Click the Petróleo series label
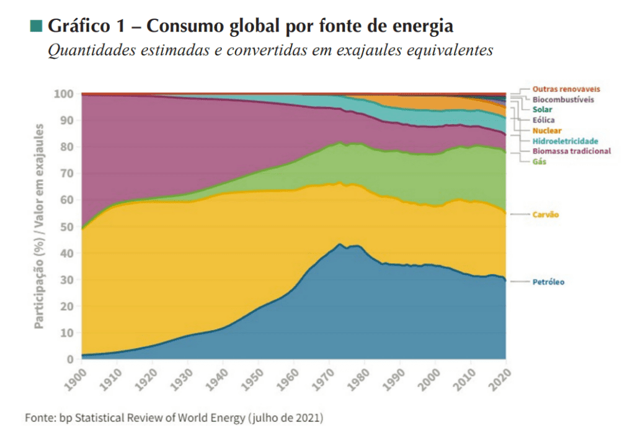click(548, 282)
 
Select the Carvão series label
click(546, 215)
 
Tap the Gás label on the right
click(540, 161)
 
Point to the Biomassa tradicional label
click(571, 151)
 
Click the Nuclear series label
click(546, 131)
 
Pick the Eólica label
click(544, 120)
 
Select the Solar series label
click(543, 109)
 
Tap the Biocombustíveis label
click(562, 99)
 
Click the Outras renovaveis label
click(566, 89)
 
